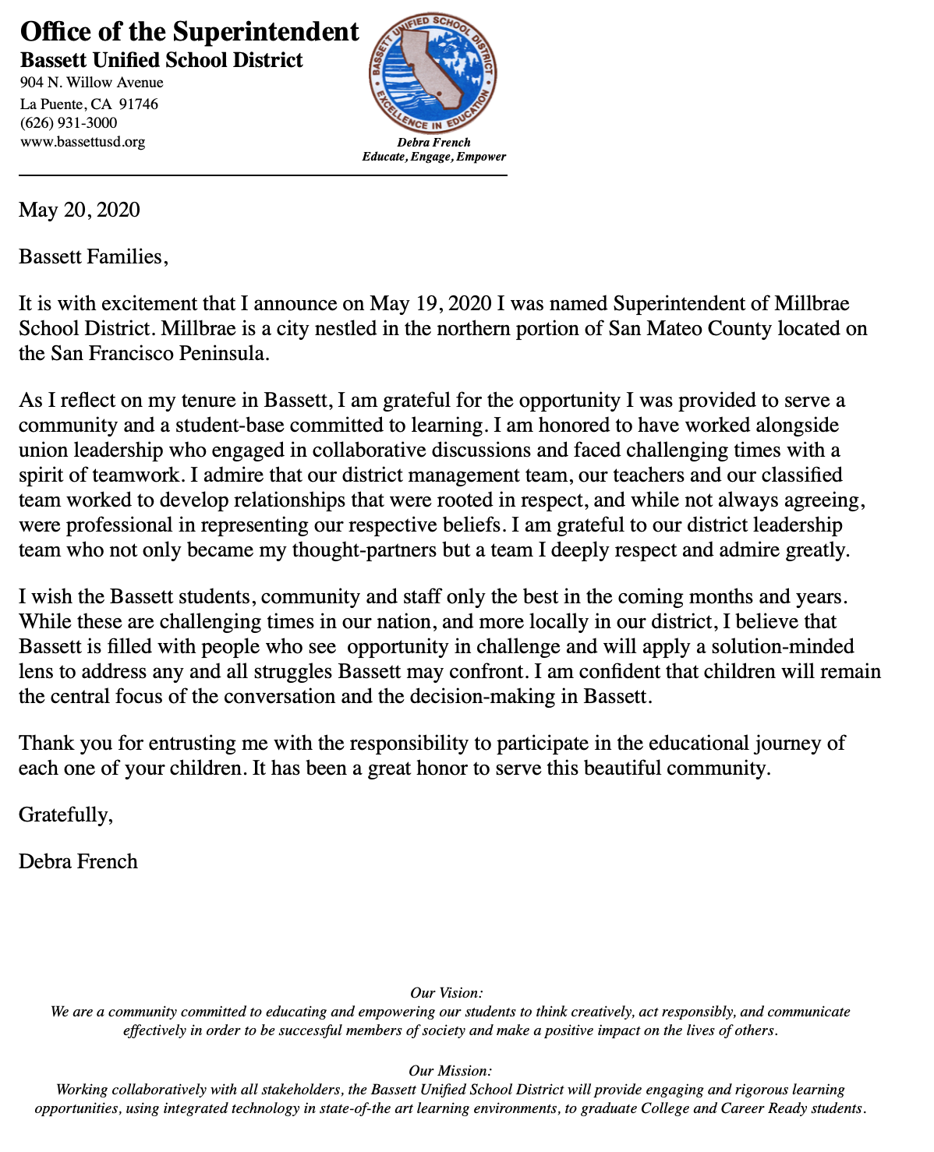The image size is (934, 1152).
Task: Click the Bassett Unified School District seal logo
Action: click(433, 73)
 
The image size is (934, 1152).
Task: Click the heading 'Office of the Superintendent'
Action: click(189, 32)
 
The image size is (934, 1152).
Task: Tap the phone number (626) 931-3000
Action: click(69, 123)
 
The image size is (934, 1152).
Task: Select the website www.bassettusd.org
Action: click(83, 142)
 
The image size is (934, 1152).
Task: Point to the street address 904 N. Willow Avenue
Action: click(91, 83)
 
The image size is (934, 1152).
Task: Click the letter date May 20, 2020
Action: click(80, 210)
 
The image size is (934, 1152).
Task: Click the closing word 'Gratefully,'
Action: click(66, 815)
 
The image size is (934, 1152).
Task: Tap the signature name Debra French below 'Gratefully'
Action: click(78, 861)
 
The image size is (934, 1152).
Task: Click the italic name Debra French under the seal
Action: click(433, 143)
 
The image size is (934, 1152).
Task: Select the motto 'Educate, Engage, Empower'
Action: click(433, 157)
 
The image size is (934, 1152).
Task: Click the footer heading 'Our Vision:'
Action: click(446, 993)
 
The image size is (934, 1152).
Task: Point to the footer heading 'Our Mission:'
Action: click(450, 1071)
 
